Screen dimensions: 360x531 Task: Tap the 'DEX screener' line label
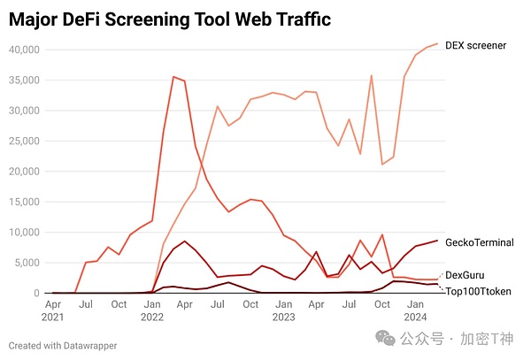(x=475, y=44)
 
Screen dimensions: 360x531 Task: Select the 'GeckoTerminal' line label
(x=480, y=241)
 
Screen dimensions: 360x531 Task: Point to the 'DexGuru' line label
(x=465, y=276)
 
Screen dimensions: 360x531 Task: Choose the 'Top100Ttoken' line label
(x=478, y=291)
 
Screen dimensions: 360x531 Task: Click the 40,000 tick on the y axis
(x=23, y=50)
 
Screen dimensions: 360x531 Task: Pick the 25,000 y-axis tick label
(x=23, y=141)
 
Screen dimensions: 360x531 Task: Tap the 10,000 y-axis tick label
(x=23, y=233)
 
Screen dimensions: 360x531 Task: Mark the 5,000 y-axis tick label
(x=26, y=263)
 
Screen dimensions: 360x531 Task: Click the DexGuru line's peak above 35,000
(x=173, y=77)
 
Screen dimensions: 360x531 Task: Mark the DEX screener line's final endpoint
(x=437, y=43)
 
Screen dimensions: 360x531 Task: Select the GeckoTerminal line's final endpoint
(x=437, y=241)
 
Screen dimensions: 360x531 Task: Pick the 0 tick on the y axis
(x=36, y=293)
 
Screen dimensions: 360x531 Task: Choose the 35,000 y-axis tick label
(x=23, y=80)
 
